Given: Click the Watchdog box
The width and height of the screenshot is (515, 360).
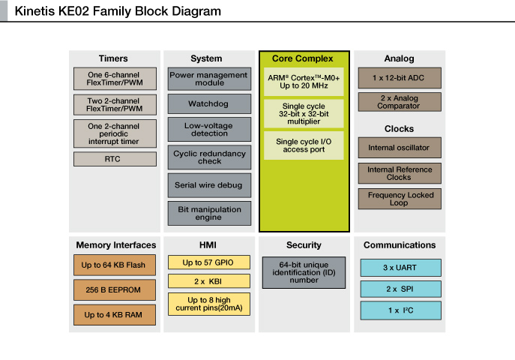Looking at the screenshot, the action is tap(209, 103).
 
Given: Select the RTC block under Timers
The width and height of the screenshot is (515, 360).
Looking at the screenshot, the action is tap(115, 159).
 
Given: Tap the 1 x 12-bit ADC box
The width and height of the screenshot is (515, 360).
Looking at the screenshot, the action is tap(400, 78).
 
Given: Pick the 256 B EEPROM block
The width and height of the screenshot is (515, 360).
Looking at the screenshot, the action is tap(114, 289).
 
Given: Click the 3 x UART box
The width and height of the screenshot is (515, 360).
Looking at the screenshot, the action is tap(401, 268).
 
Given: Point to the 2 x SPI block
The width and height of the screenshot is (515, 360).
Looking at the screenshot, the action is tap(401, 289).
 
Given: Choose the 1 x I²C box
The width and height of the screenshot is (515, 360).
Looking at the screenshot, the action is tap(401, 310).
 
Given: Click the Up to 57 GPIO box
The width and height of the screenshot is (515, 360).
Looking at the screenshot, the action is tap(209, 262).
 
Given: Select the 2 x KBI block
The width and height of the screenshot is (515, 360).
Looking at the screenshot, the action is tap(209, 281).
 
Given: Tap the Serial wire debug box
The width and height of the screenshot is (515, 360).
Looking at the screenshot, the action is tap(209, 185).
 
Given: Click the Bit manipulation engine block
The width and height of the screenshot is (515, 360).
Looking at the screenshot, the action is tap(209, 214).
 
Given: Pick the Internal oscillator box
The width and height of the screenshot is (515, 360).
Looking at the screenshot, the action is tap(400, 148).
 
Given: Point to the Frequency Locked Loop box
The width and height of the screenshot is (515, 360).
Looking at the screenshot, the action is tap(400, 199).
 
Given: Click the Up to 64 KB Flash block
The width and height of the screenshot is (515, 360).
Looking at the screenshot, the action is tap(114, 265).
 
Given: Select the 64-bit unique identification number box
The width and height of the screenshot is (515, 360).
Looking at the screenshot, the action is tap(304, 273).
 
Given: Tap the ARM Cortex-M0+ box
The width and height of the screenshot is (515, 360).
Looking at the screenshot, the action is tap(304, 82).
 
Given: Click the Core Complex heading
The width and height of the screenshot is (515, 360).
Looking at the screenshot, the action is tap(303, 58).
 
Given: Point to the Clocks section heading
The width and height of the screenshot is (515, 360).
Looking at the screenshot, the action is tap(399, 129).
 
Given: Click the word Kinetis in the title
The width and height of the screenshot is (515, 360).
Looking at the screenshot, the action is tap(35, 11).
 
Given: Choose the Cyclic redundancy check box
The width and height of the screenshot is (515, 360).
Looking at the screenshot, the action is tap(209, 157).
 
